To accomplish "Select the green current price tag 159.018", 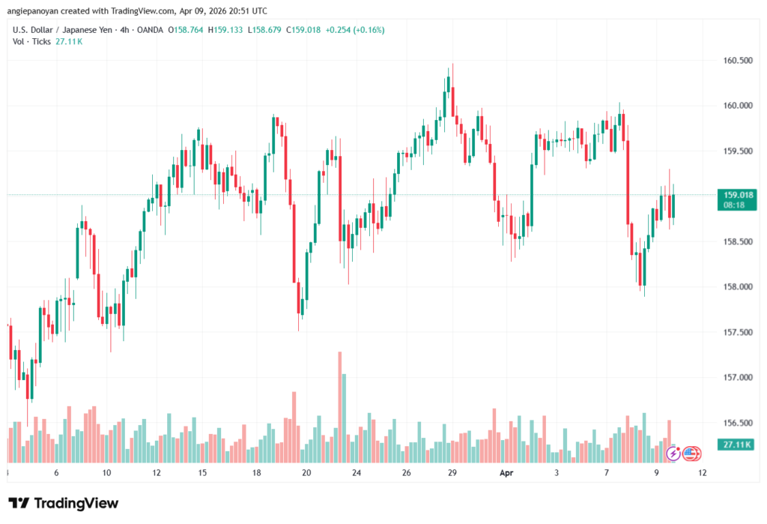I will tap(733, 195).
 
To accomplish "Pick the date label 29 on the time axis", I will tap(452, 473).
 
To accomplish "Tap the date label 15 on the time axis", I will tap(202, 473).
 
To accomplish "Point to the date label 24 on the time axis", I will tap(357, 473).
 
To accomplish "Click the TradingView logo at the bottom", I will tap(64, 503).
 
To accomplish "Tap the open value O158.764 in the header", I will tap(184, 30).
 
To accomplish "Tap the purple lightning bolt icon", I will tap(673, 453).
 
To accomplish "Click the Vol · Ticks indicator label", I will tap(32, 41).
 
